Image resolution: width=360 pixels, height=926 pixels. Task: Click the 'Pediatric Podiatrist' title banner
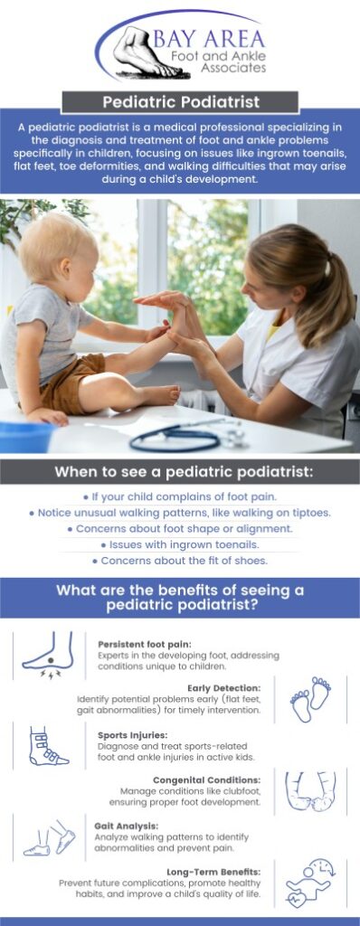pos(180,102)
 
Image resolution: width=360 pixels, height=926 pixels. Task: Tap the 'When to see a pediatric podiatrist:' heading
pos(180,471)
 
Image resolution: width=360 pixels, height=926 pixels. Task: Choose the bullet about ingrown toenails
pos(180,544)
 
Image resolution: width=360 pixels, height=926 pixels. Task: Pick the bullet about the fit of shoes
pos(180,561)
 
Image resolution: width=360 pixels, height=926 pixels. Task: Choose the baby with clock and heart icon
pos(308,883)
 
